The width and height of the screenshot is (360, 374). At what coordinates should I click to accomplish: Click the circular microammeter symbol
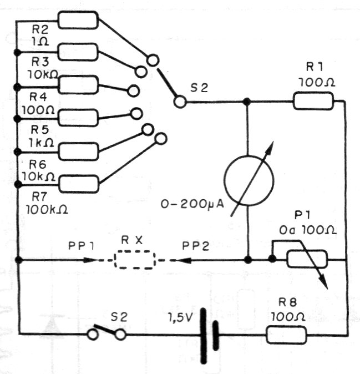249,179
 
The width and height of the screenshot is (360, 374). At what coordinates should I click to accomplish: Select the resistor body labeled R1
313,101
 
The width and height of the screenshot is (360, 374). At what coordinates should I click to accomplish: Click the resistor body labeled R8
287,335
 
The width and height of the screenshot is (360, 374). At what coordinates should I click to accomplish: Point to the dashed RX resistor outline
134,259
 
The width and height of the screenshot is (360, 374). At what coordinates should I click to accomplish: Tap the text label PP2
197,245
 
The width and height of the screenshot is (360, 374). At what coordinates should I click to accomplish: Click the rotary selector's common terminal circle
179,102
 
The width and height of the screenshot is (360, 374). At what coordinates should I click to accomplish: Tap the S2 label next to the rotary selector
198,87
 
